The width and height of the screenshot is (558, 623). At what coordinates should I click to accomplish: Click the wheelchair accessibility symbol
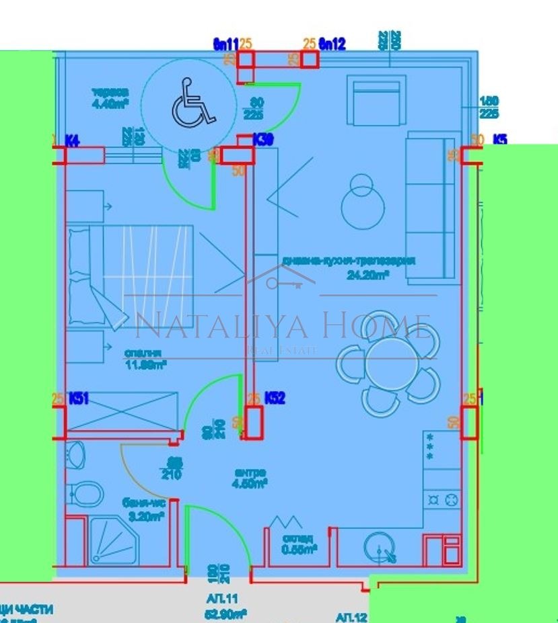pos(193,103)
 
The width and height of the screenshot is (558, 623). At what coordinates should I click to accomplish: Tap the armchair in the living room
pos(377,99)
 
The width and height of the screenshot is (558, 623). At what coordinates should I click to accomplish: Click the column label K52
pos(275,399)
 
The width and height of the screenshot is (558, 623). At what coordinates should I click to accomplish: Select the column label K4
pos(73,140)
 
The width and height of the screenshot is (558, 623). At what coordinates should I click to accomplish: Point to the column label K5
pos(499,140)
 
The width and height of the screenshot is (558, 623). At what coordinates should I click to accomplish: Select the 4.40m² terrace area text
pos(110,103)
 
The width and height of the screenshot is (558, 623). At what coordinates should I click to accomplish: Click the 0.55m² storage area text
pos(299,548)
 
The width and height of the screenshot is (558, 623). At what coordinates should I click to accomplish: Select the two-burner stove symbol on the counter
pos(442,499)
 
